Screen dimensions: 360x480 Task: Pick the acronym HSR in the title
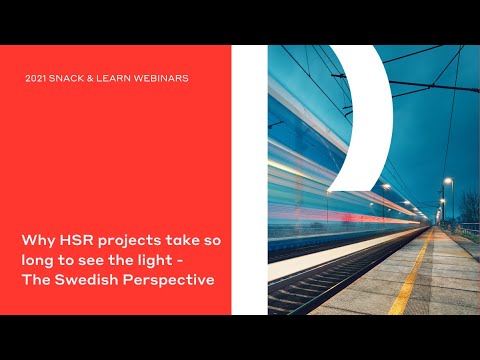point(75,241)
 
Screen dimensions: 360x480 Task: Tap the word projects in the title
point(128,242)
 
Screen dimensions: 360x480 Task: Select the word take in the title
point(184,241)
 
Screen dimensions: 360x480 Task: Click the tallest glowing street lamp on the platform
point(448,181)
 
